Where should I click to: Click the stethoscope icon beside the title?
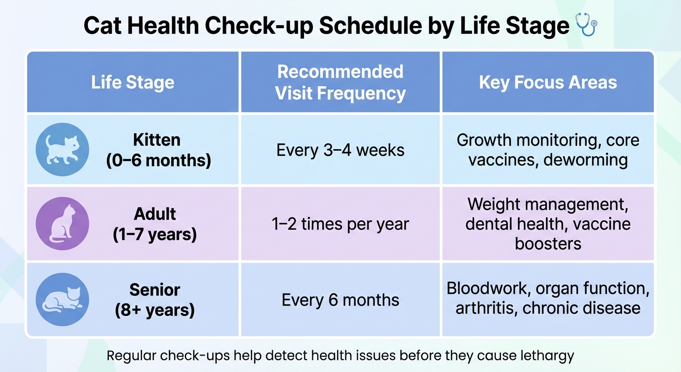(587, 25)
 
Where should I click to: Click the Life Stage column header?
(133, 82)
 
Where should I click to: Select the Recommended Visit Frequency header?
(340, 82)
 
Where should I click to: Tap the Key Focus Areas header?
(548, 82)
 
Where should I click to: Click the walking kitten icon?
(62, 149)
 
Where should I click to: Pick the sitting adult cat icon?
(62, 223)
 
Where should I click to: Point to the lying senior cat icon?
(62, 299)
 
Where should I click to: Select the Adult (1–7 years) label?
(155, 224)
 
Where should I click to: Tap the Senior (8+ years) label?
(155, 299)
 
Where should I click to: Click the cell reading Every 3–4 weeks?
(340, 150)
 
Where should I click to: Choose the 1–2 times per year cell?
(340, 224)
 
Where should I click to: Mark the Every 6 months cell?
(340, 299)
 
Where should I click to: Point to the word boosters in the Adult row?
(548, 243)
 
